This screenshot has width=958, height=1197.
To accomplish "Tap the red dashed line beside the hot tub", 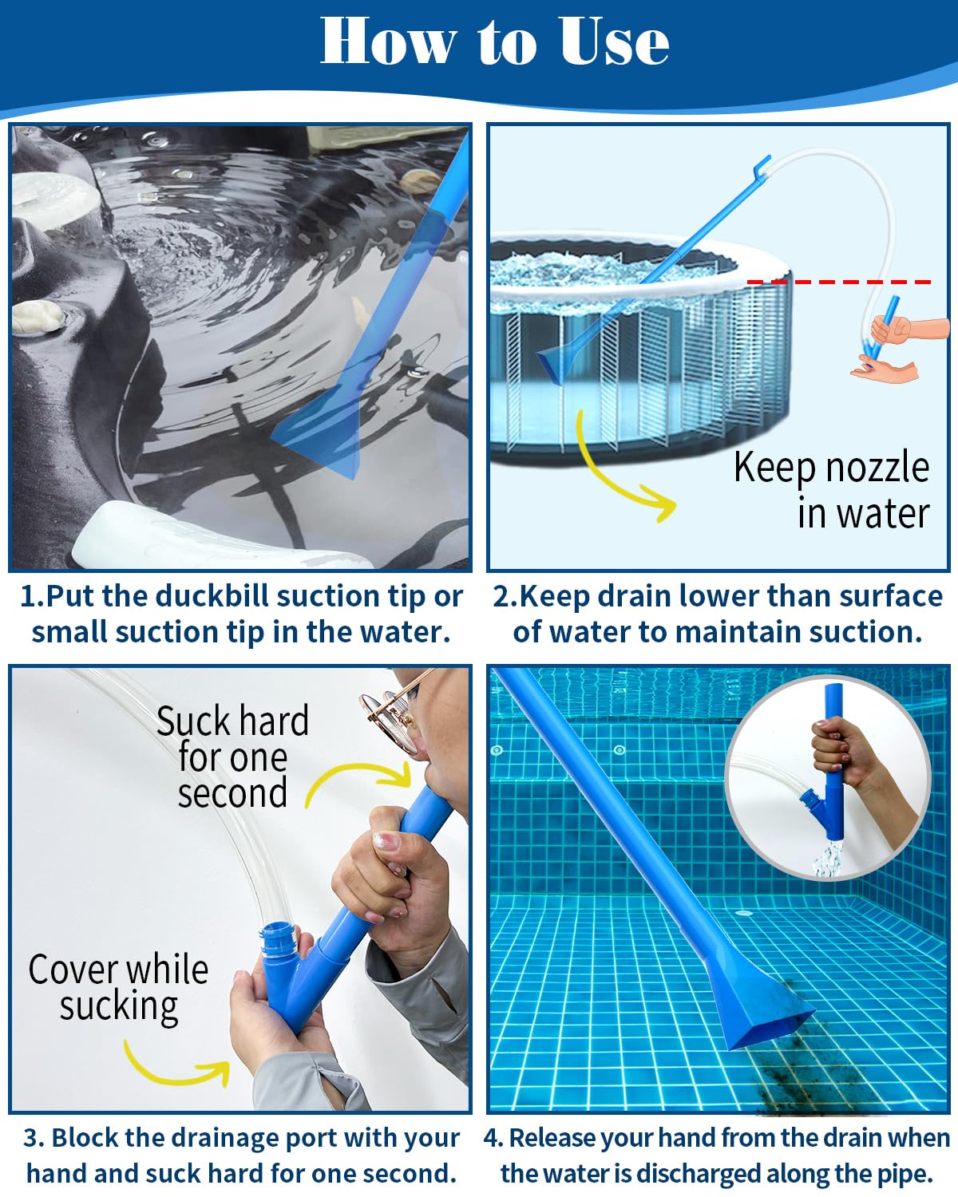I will coord(838,282).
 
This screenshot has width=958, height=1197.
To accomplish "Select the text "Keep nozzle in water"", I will coord(833,489).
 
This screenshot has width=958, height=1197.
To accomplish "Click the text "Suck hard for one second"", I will coord(232,757).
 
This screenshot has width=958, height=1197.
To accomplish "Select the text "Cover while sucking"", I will coord(118,987).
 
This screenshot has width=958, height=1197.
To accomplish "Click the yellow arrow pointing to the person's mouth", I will coord(359,783).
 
